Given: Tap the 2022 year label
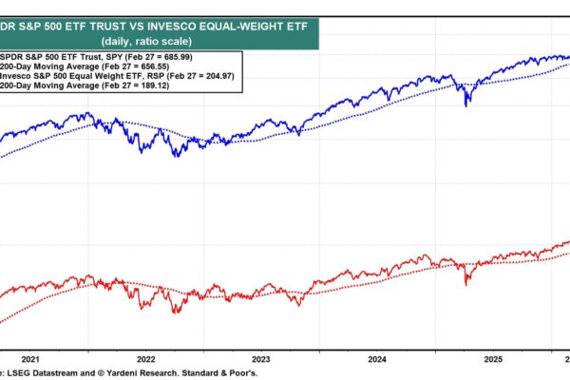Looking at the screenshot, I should [x=146, y=359].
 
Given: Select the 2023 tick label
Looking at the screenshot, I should [x=261, y=359].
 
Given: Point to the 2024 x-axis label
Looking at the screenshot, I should [x=378, y=359].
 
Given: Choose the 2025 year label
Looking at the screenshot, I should [x=493, y=359].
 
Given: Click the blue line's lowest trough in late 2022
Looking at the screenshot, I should [x=176, y=156].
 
